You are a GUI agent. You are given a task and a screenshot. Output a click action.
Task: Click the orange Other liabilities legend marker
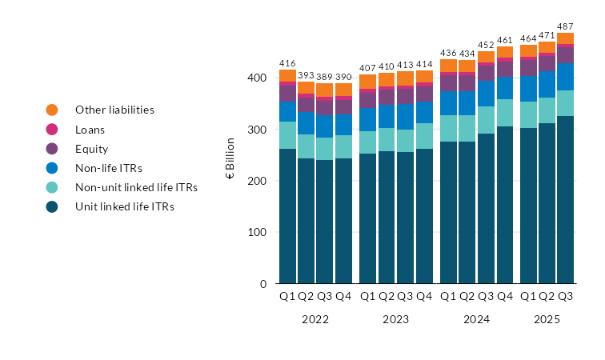(52, 110)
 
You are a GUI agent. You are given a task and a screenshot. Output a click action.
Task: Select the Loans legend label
(90, 129)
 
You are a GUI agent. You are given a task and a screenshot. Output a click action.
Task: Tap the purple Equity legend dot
(52, 149)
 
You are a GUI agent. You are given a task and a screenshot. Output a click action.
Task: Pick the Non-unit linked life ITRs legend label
(136, 187)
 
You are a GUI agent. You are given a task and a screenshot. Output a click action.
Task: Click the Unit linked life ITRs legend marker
(52, 207)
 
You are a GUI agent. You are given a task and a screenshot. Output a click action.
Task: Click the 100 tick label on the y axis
(255, 233)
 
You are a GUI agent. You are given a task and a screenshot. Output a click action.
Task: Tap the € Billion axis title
(230, 158)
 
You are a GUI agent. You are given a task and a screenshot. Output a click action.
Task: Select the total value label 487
(565, 26)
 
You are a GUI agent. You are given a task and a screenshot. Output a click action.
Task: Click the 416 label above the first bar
(287, 62)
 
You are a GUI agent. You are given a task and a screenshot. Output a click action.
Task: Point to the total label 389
(324, 76)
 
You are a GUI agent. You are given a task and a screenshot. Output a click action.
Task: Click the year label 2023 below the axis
(395, 319)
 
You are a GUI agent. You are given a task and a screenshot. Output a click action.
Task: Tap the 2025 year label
(547, 319)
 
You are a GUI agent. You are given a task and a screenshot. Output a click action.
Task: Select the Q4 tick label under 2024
(504, 297)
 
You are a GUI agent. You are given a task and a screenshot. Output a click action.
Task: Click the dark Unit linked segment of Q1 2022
(287, 216)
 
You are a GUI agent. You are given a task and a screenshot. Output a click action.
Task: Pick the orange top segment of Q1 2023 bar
(367, 82)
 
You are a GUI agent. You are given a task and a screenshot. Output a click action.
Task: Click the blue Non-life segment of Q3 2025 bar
(565, 77)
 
